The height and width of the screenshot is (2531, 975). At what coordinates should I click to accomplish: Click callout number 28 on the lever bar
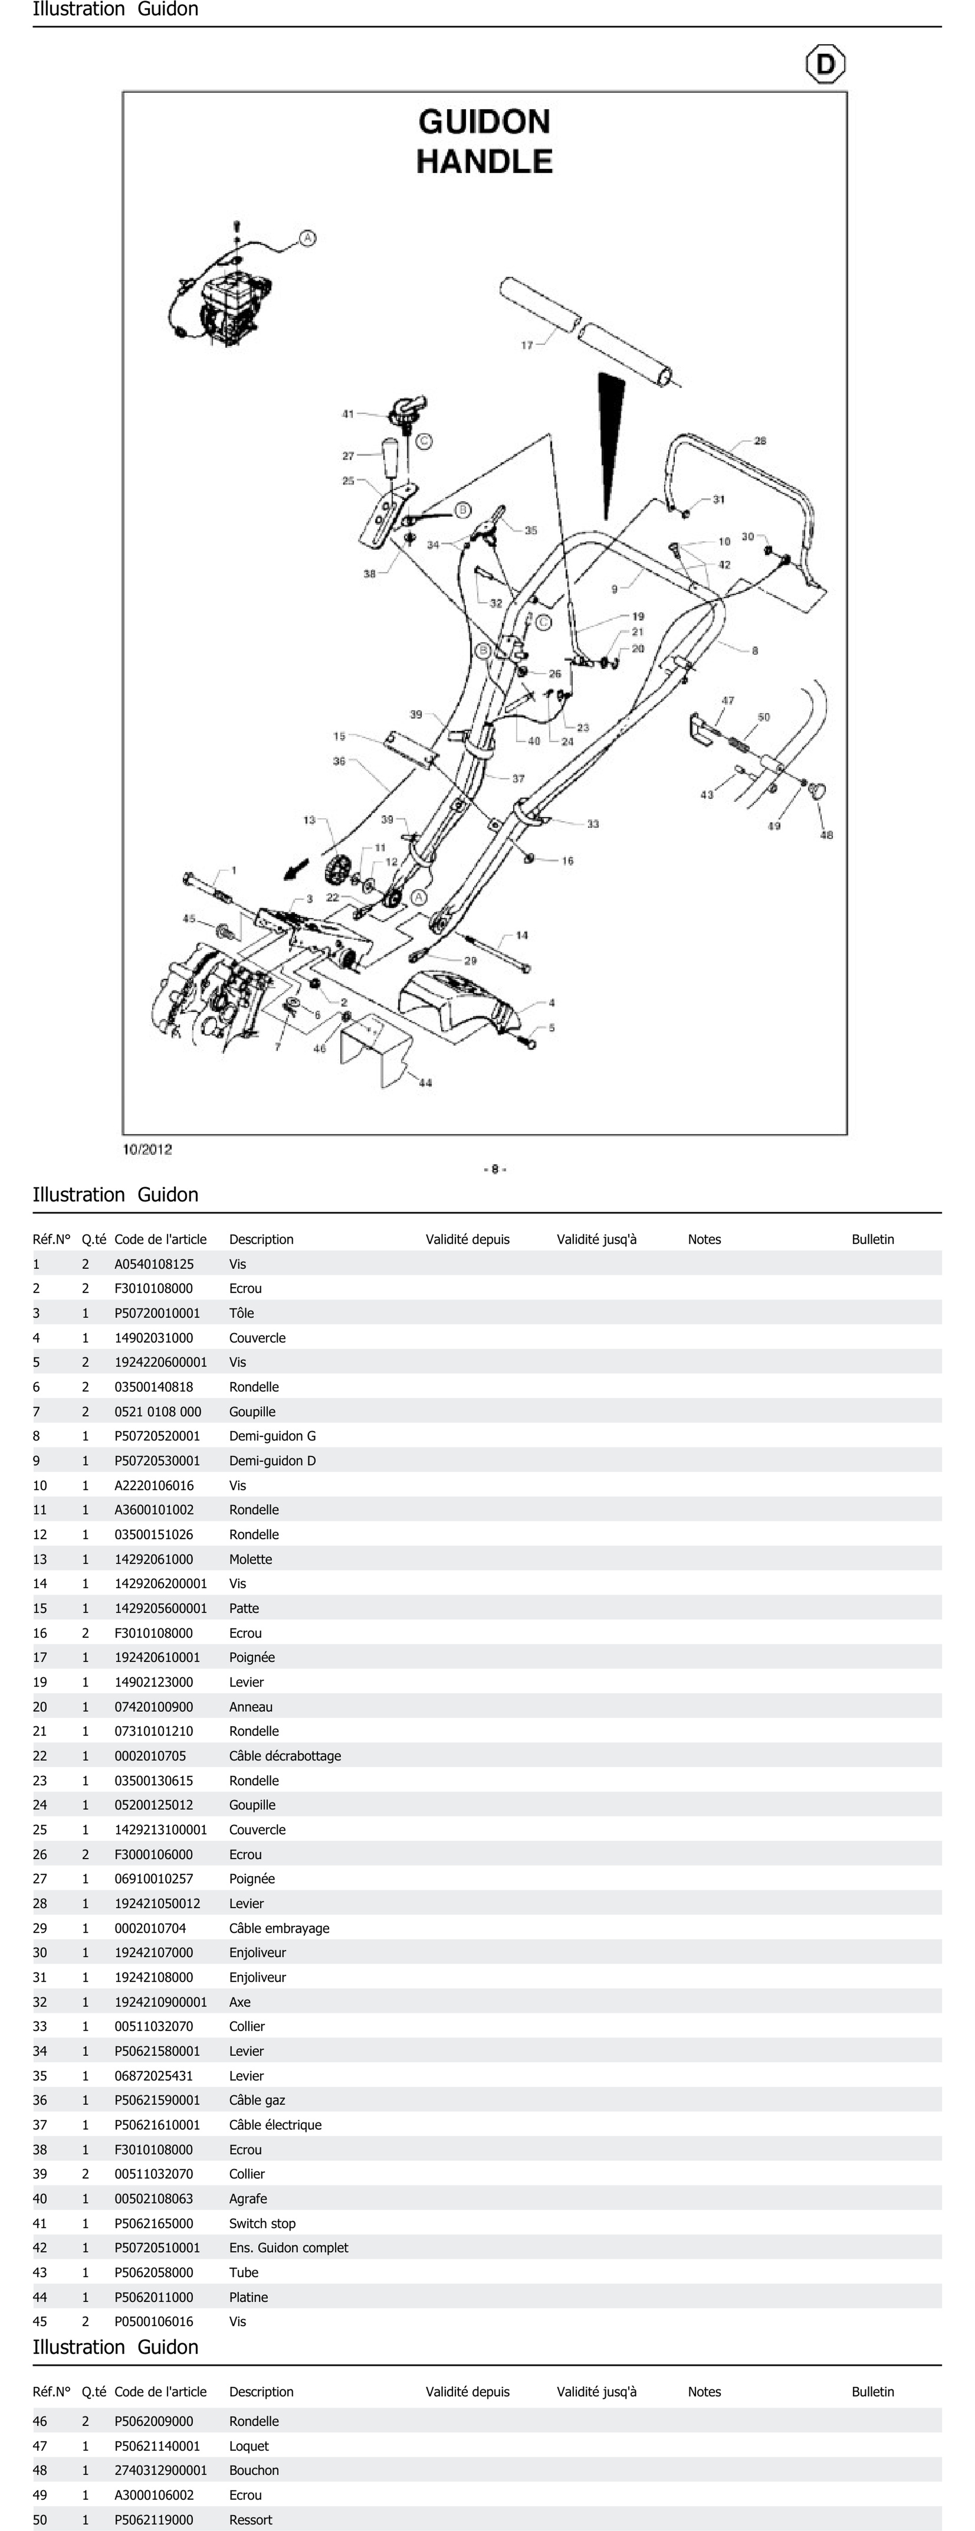(760, 441)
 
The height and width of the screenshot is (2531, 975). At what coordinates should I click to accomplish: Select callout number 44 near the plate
(425, 1083)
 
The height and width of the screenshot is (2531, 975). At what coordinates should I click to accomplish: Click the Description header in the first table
(261, 1239)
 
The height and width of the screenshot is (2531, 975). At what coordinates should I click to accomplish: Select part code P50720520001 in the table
(157, 1436)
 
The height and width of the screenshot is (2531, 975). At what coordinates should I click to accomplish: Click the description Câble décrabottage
(285, 1756)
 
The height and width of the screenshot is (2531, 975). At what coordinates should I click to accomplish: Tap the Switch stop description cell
(262, 2223)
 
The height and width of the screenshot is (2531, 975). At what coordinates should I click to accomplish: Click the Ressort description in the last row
(250, 2519)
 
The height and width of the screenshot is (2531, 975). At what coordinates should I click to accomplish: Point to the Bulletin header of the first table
(873, 1239)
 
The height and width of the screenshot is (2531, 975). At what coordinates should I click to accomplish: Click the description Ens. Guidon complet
(289, 2248)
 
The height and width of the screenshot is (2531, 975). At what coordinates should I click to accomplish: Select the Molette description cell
(250, 1559)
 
